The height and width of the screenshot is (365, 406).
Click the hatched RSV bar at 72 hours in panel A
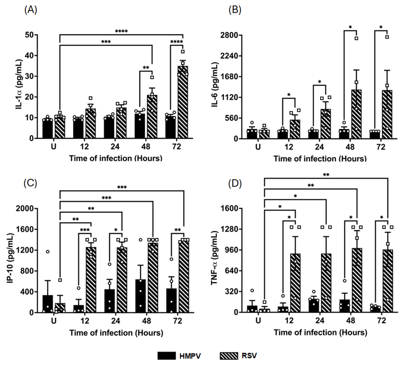click(x=183, y=106)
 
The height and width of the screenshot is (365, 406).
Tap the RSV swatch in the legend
click(x=229, y=356)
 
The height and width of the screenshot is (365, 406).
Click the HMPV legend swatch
click(x=167, y=356)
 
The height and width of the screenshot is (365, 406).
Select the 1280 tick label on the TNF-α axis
click(x=229, y=229)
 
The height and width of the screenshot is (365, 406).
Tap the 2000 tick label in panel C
click(x=25, y=208)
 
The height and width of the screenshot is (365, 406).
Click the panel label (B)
click(x=235, y=10)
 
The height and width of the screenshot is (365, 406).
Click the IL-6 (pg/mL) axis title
click(x=215, y=85)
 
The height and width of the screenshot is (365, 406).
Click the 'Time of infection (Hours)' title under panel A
click(x=116, y=159)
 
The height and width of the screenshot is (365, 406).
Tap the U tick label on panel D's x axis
click(x=258, y=321)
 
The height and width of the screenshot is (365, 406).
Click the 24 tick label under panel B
click(x=320, y=147)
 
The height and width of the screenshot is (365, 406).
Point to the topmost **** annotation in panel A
click(x=121, y=32)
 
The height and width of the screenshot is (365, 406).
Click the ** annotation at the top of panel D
click(x=326, y=175)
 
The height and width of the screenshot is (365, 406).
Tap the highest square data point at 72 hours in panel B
click(x=387, y=37)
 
